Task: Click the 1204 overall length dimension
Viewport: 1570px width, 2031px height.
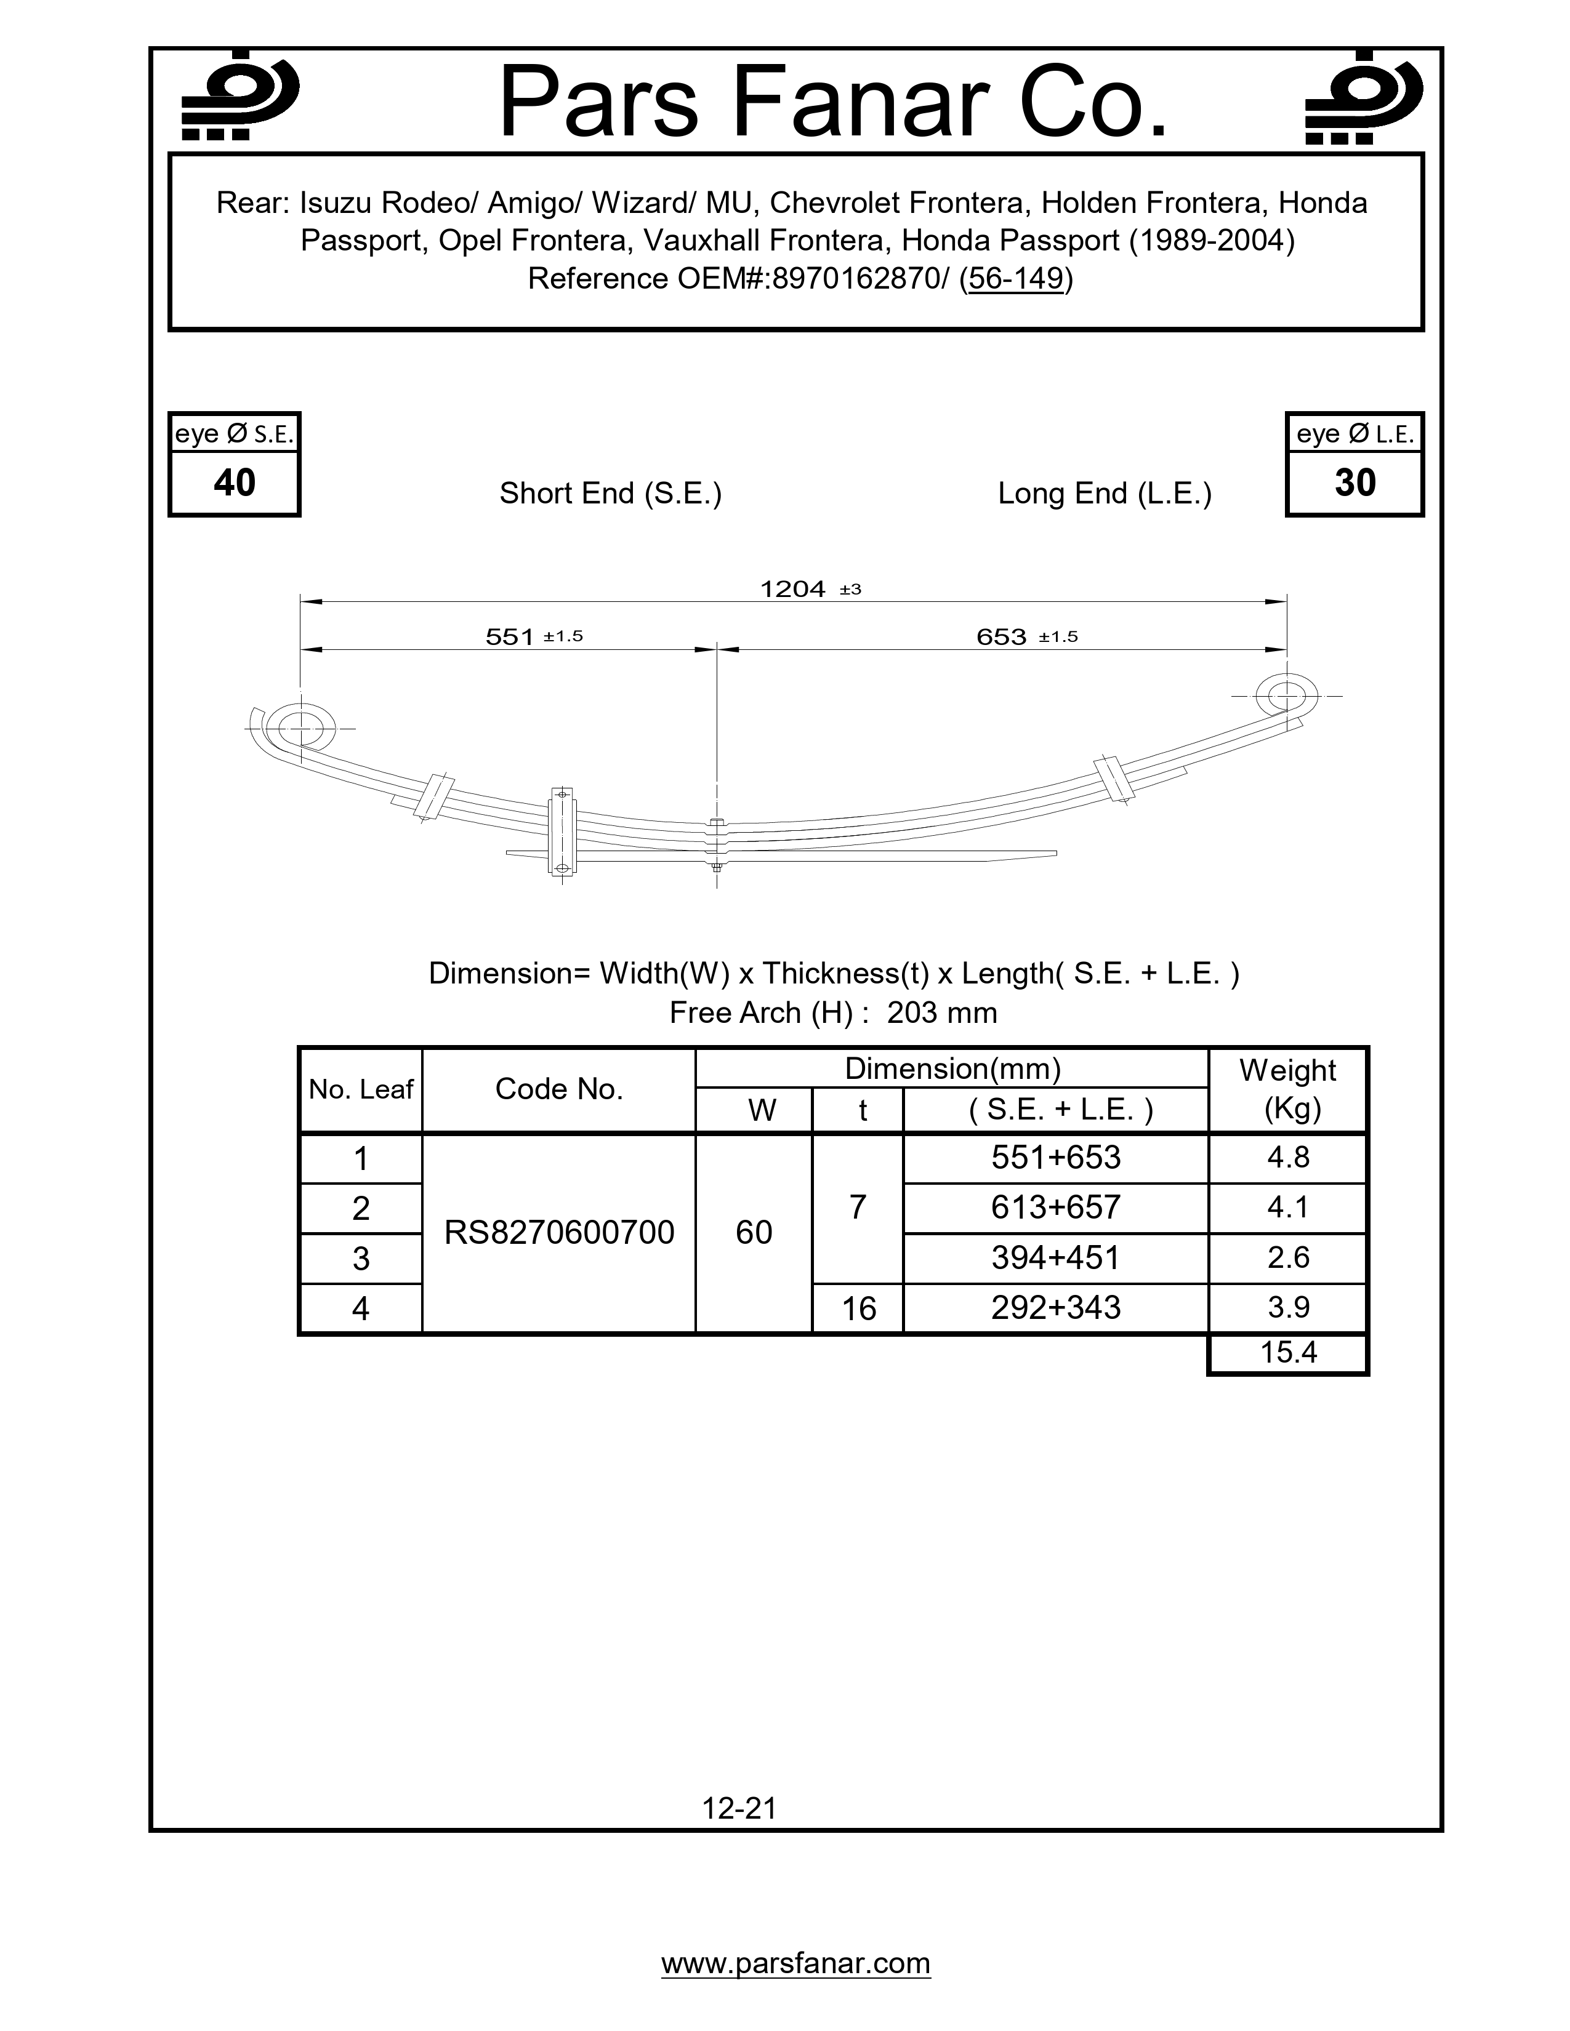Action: click(794, 588)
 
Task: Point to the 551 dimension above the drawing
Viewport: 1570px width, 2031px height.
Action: click(510, 637)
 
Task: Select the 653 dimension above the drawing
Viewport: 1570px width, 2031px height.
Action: click(1002, 637)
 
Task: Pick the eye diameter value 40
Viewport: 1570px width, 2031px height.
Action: click(235, 483)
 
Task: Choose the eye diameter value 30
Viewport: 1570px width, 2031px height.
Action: click(1355, 483)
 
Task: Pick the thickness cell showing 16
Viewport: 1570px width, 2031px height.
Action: click(858, 1308)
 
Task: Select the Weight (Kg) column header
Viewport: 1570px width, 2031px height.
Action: click(1287, 1089)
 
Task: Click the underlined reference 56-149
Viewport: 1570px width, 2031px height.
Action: click(1016, 278)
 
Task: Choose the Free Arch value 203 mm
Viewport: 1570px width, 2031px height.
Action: click(941, 1012)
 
